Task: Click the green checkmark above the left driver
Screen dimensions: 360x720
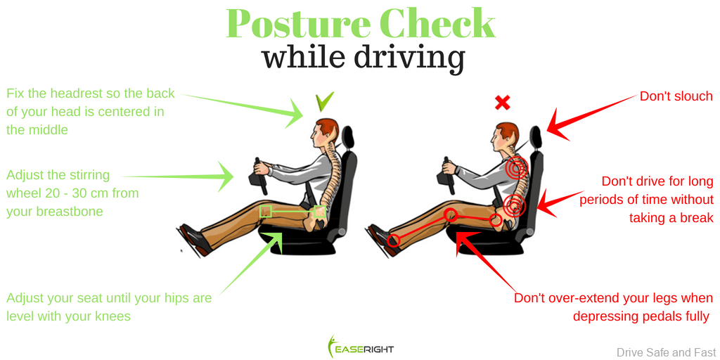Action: point(324,102)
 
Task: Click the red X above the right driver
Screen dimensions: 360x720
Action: point(502,103)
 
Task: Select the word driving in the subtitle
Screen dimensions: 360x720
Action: point(409,57)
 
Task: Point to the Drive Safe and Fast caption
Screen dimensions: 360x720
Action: point(667,352)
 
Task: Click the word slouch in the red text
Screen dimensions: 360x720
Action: point(695,96)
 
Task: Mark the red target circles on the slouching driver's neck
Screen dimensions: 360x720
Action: point(517,169)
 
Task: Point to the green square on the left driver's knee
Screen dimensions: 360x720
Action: point(266,210)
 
